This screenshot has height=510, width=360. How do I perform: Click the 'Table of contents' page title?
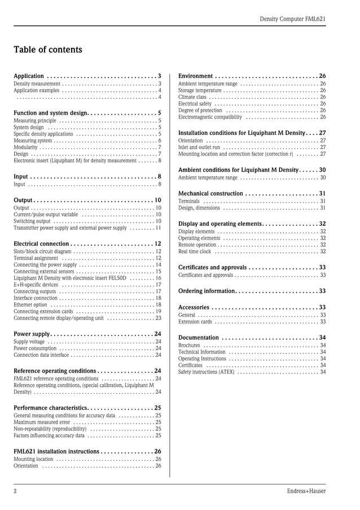pyautogui.click(x=48, y=50)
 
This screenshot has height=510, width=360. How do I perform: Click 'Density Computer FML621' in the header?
pyautogui.click(x=292, y=19)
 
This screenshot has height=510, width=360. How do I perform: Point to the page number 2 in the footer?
pyautogui.click(x=15, y=491)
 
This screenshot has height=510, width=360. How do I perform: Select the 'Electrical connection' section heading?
pyautogui.click(x=41, y=243)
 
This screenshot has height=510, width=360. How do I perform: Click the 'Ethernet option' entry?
pyautogui.click(x=30, y=304)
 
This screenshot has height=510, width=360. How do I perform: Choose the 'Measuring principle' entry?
pyautogui.click(x=35, y=120)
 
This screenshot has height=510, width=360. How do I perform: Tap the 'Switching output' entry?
pyautogui.click(x=32, y=221)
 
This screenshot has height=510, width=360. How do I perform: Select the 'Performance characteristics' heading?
pyautogui.click(x=50, y=407)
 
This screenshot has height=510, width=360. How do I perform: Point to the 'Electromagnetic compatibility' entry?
pyautogui.click(x=210, y=117)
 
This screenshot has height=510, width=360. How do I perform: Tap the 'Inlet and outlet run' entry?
pyautogui.click(x=199, y=147)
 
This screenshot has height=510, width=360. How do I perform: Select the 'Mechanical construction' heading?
pyautogui.click(x=210, y=193)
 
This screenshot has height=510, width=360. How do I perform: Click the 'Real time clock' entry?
pyautogui.click(x=195, y=252)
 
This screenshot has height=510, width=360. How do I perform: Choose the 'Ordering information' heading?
pyautogui.click(x=207, y=291)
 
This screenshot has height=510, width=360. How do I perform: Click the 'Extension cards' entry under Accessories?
pyautogui.click(x=195, y=322)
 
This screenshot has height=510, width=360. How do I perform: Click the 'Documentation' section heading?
pyautogui.click(x=198, y=337)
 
